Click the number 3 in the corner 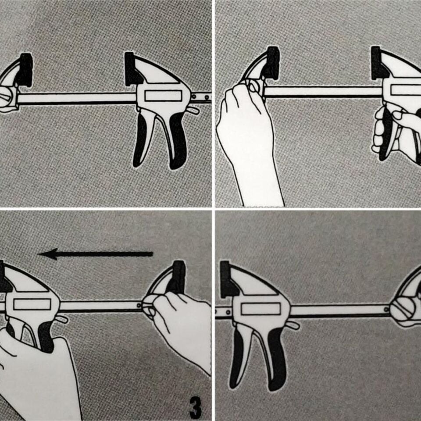point(195,407)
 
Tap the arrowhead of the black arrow point(49,254)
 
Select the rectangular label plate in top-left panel point(163,96)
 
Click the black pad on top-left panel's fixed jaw point(25,70)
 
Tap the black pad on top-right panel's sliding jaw point(377,64)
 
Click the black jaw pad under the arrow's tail point(178,277)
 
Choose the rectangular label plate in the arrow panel point(32,304)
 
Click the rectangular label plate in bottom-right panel point(260,309)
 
